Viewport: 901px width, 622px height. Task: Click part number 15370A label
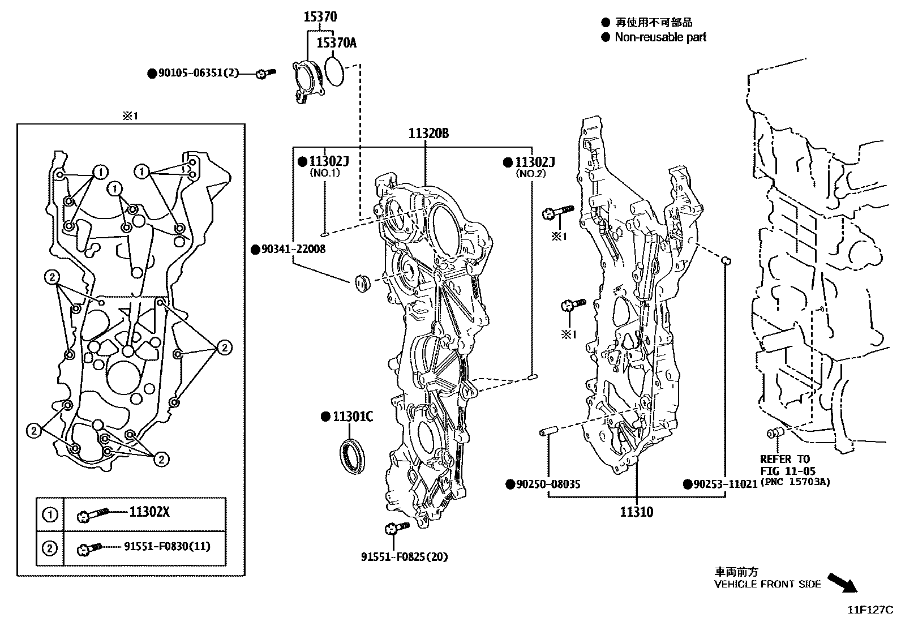(x=336, y=42)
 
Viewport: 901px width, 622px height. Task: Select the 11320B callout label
(x=428, y=134)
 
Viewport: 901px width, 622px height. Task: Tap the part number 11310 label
(x=636, y=512)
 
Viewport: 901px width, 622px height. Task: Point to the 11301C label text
(x=352, y=417)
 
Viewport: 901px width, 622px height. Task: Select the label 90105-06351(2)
(x=198, y=73)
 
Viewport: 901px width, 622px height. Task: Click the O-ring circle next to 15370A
(x=334, y=71)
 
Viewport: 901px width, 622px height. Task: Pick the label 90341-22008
(x=293, y=249)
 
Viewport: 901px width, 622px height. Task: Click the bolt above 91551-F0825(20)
(x=396, y=528)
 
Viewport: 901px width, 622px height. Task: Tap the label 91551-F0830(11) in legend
(x=167, y=547)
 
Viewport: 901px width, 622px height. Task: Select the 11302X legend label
(x=149, y=512)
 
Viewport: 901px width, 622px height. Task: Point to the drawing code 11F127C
(x=869, y=610)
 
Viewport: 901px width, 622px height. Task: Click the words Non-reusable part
(x=660, y=37)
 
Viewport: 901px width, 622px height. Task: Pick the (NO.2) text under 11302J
(x=530, y=174)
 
